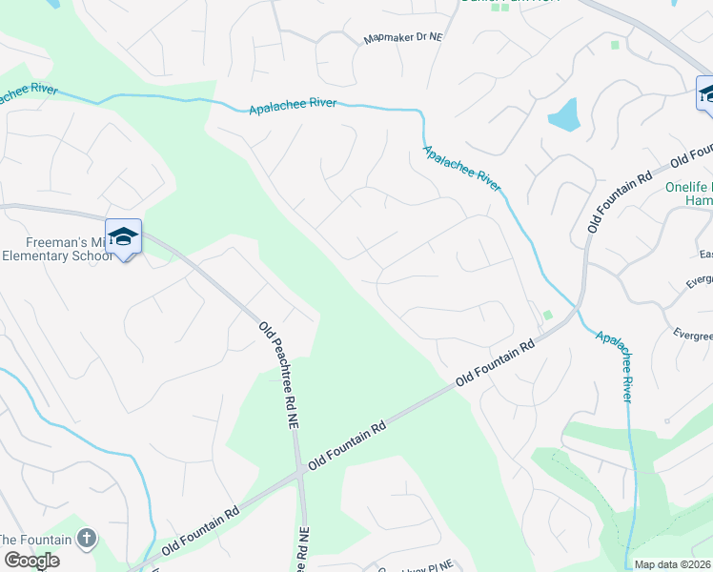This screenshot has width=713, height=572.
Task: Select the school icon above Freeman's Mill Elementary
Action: tap(123, 236)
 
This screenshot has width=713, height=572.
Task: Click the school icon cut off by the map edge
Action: tap(705, 93)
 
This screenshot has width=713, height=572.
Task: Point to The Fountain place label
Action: tap(35, 540)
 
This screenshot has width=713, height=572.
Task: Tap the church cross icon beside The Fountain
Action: tap(87, 539)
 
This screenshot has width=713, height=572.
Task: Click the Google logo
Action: tap(31, 560)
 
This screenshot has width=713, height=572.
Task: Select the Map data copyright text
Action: tap(673, 564)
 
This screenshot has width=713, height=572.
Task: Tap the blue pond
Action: tap(564, 115)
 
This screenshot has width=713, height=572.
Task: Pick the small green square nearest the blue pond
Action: tap(615, 45)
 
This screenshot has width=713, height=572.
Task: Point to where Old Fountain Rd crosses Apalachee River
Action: tap(577, 310)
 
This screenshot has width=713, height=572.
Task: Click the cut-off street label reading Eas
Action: tap(705, 255)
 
